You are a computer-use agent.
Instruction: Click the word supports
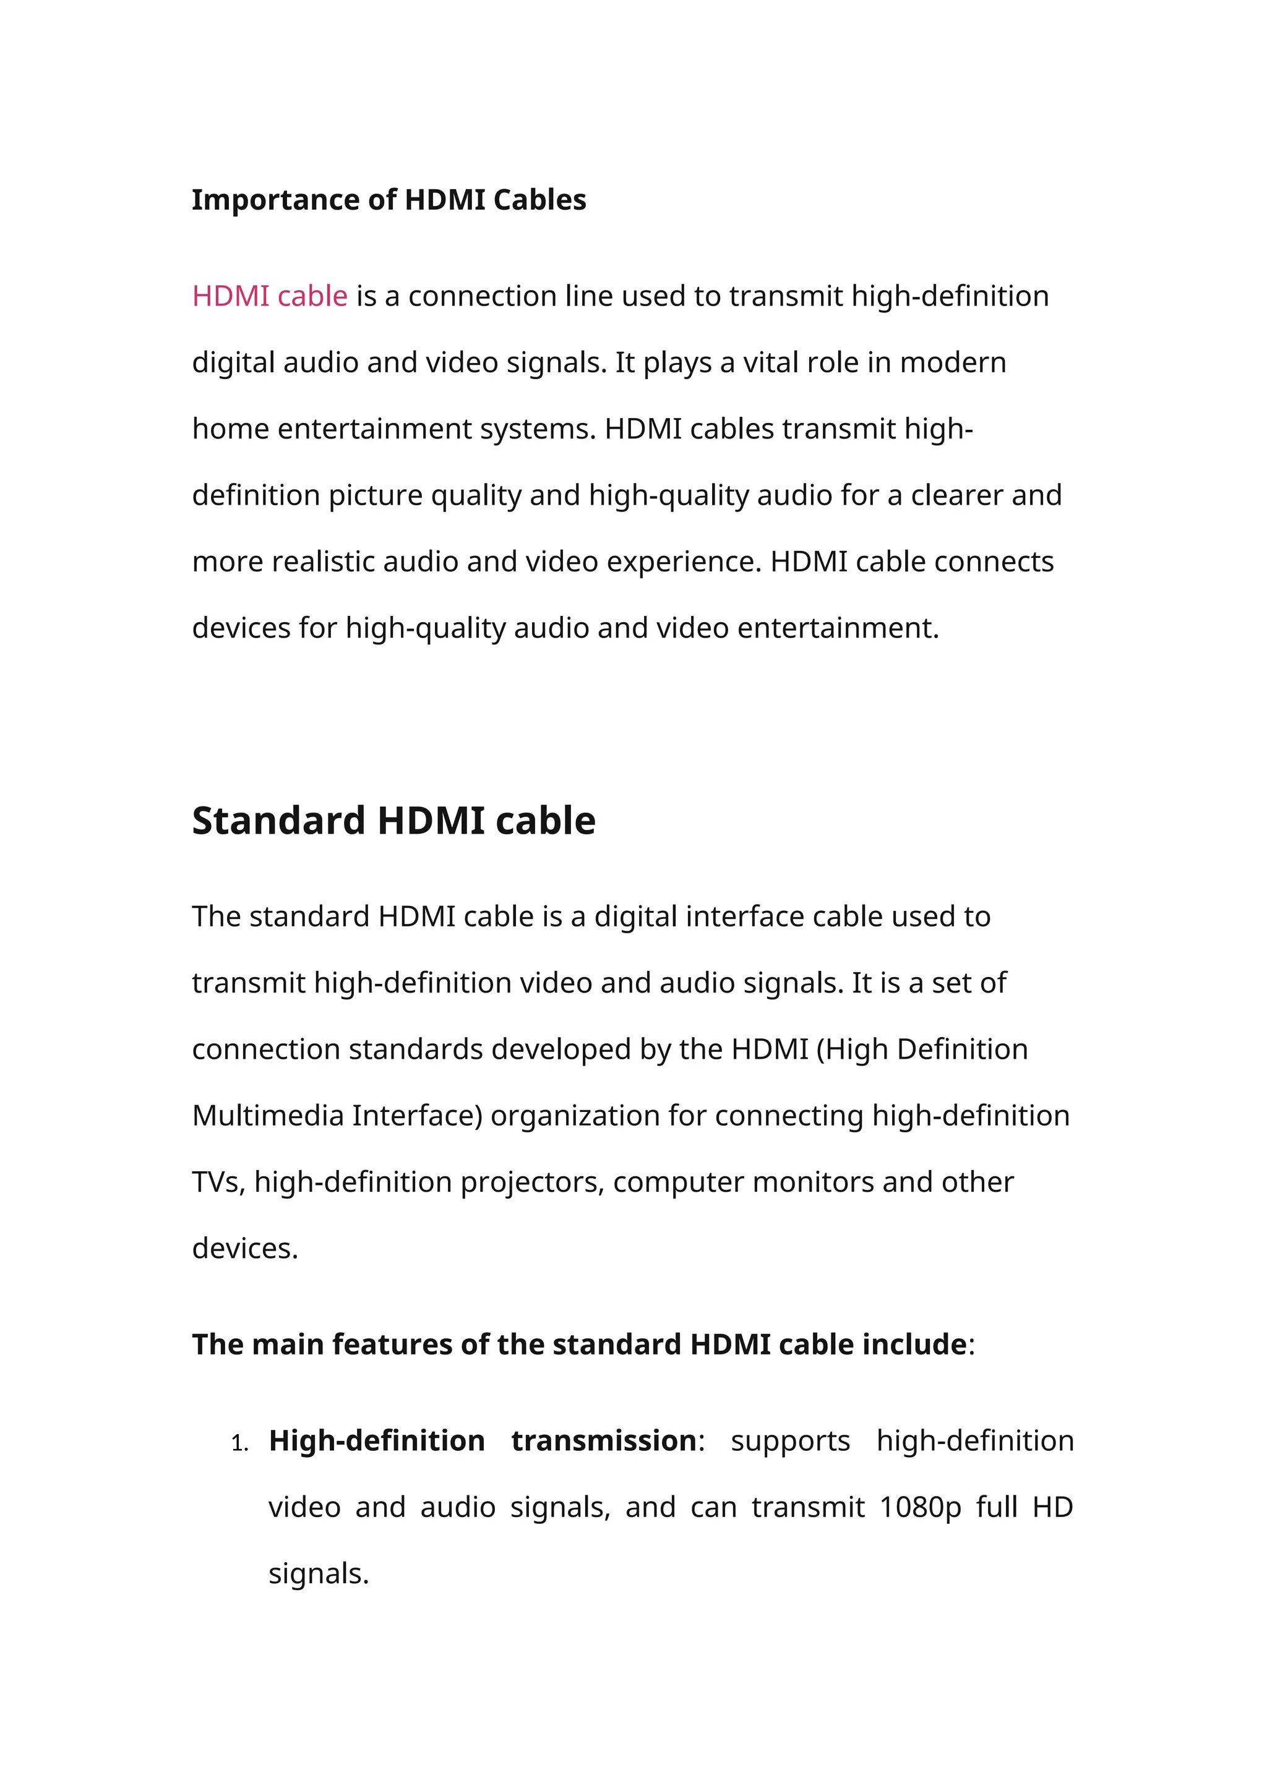(x=790, y=1442)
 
